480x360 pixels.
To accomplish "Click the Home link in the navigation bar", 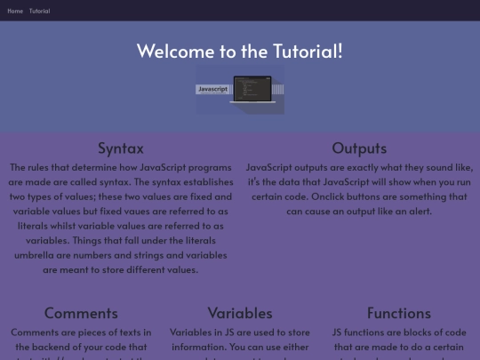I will pyautogui.click(x=15, y=11).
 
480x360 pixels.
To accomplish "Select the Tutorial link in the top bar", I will pyautogui.click(x=39, y=11).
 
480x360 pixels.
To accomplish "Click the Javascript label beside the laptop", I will pyautogui.click(x=212, y=89).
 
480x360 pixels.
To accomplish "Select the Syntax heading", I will pyautogui.click(x=120, y=148).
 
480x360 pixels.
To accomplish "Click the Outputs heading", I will pyautogui.click(x=359, y=148).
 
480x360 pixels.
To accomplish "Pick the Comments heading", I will pyautogui.click(x=81, y=313).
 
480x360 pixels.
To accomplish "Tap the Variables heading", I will pyautogui.click(x=240, y=313).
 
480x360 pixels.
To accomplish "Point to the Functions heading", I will pyautogui.click(x=398, y=313).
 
